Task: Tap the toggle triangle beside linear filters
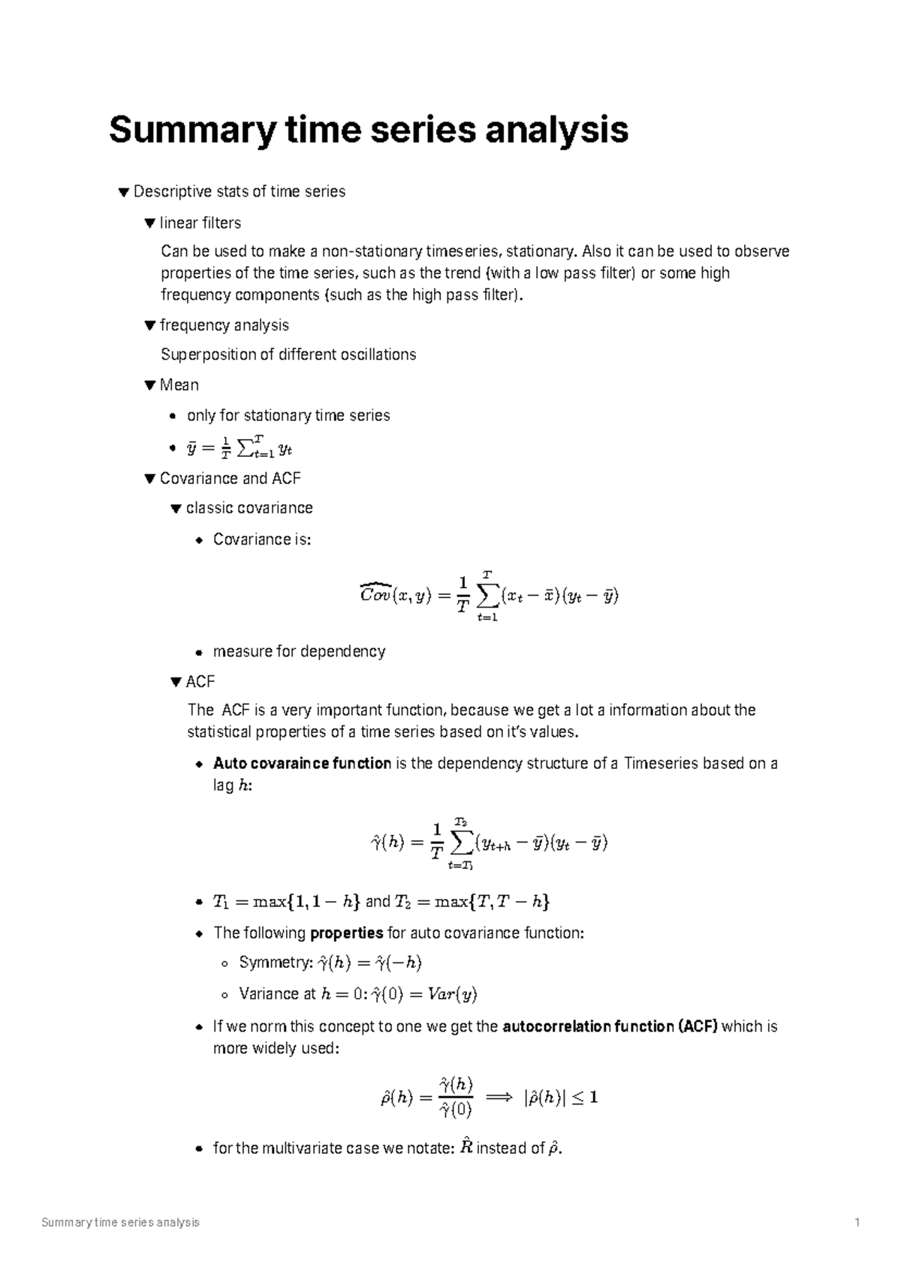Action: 149,223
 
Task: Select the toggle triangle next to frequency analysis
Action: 149,325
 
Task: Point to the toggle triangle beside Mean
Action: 149,385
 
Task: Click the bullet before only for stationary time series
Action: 174,416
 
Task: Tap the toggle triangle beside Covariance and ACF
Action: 149,478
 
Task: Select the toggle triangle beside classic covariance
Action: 176,508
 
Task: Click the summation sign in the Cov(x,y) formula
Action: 487,596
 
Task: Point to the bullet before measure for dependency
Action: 200,651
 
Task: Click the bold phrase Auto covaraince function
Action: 302,763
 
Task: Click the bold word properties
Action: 347,933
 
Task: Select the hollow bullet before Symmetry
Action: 224,963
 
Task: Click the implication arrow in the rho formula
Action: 499,1098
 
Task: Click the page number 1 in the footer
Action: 857,1223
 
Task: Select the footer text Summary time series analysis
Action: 121,1223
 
